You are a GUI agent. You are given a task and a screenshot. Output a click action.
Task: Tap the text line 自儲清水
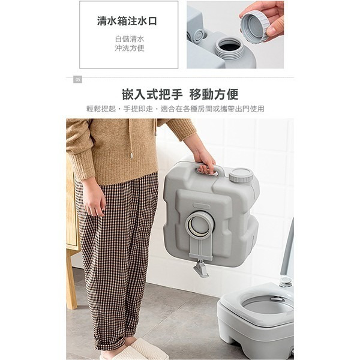(130, 39)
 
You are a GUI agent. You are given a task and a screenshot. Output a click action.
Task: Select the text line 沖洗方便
(130, 48)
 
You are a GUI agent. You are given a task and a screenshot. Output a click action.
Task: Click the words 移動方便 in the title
(214, 94)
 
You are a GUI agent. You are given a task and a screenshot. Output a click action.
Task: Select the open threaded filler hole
(229, 46)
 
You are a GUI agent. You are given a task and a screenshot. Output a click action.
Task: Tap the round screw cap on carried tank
(241, 176)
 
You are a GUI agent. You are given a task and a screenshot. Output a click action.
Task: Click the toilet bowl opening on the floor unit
(268, 306)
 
